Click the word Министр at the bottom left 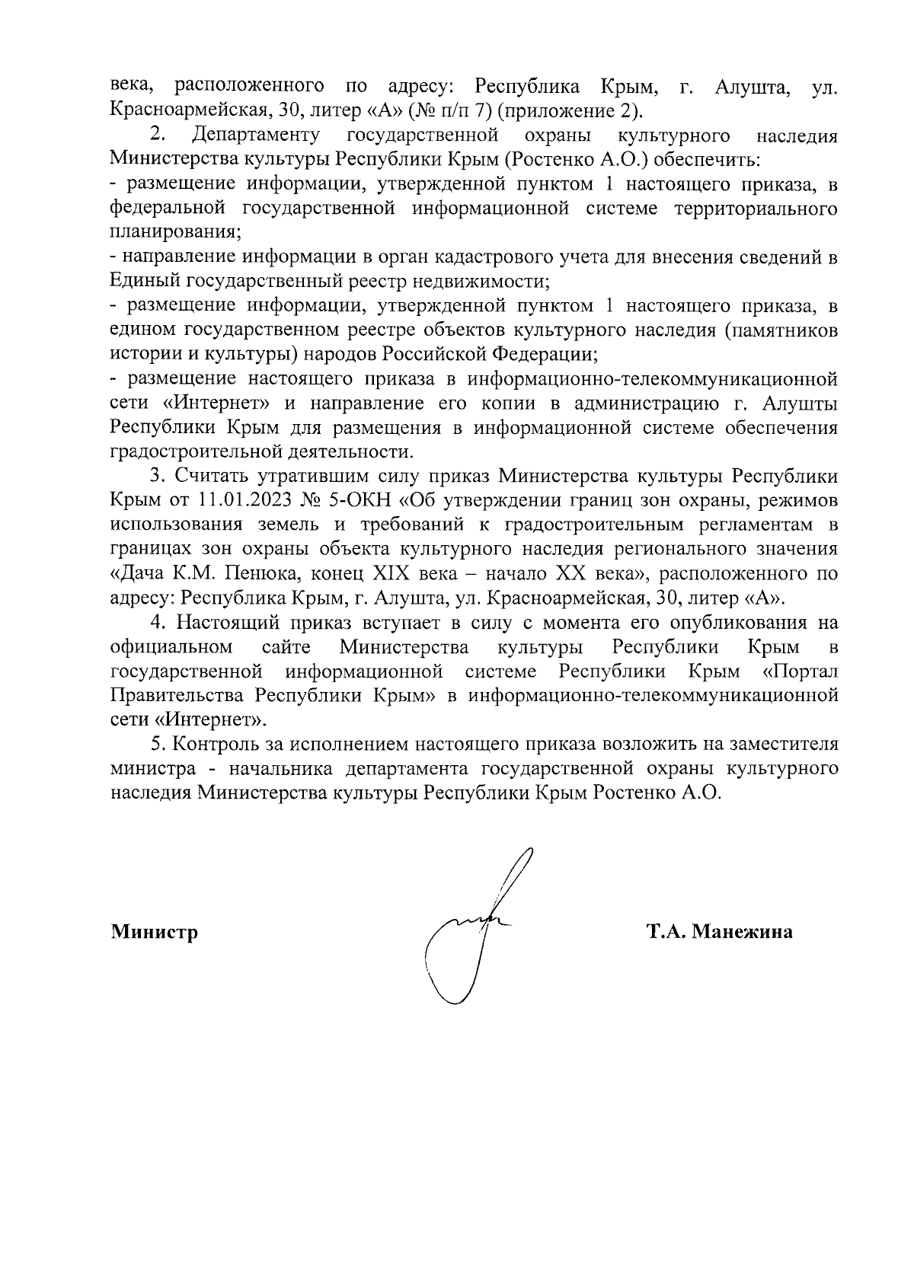point(155,932)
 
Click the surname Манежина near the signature point(743,932)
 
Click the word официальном point(171,647)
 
